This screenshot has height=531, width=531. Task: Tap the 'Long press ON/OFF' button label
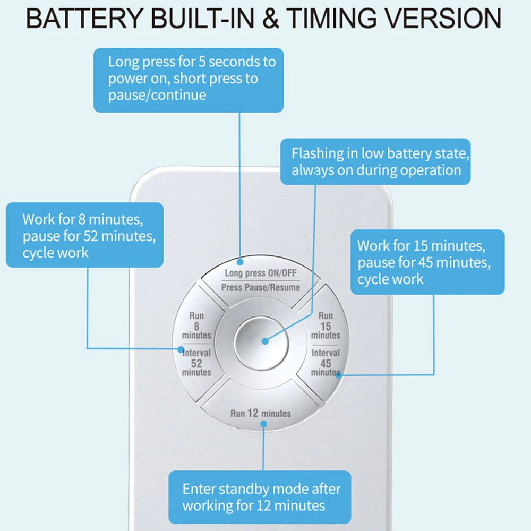(x=261, y=273)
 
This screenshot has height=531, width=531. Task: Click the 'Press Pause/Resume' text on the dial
(x=261, y=287)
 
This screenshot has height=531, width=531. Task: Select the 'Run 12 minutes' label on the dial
(x=261, y=413)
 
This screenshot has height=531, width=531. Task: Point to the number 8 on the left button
(x=196, y=326)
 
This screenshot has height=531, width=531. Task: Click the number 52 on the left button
(x=196, y=363)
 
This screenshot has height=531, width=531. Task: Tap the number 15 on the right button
(x=326, y=326)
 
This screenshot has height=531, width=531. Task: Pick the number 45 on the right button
(x=326, y=363)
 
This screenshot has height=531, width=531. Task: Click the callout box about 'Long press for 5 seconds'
(x=189, y=80)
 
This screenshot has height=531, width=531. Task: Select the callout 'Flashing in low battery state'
(x=375, y=162)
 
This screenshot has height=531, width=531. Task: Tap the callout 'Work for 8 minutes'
(x=84, y=235)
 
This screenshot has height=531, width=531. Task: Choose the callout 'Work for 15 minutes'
(x=427, y=262)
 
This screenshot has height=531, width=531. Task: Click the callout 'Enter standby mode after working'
(x=260, y=497)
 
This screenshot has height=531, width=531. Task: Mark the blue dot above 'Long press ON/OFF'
(x=241, y=261)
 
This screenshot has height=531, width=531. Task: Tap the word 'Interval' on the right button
(x=326, y=353)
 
